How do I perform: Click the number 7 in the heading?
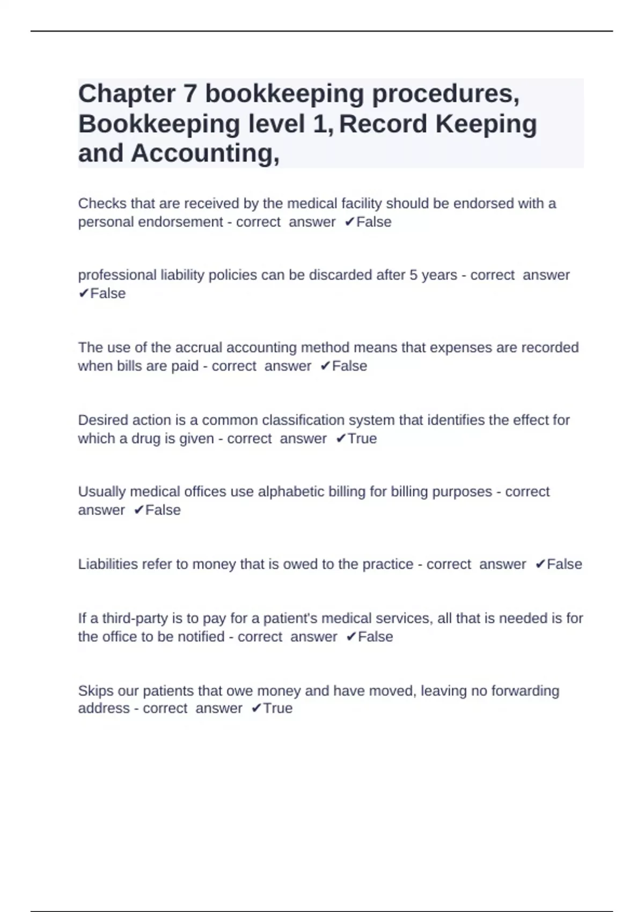(190, 94)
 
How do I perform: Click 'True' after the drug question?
(362, 439)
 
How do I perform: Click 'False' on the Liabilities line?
(564, 564)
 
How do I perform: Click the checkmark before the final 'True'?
(256, 709)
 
